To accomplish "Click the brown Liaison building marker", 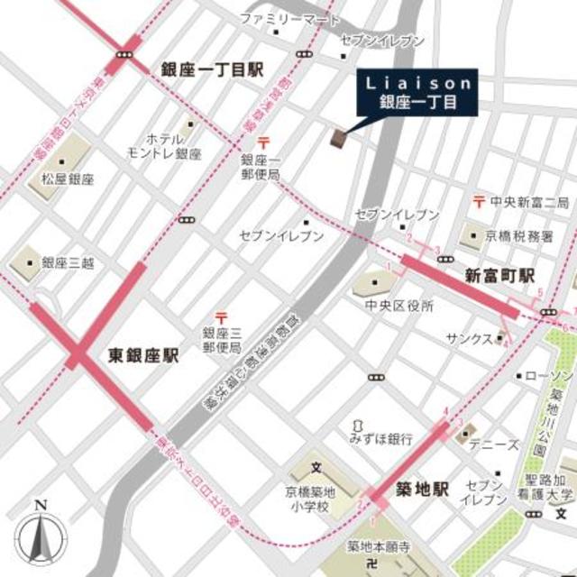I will click(x=339, y=137).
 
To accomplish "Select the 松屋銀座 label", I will click(x=67, y=179).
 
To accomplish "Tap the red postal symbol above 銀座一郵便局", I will click(x=263, y=142).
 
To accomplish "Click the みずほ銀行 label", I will click(x=381, y=439).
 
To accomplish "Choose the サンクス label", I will click(x=469, y=338).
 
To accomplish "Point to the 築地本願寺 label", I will click(x=379, y=546).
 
